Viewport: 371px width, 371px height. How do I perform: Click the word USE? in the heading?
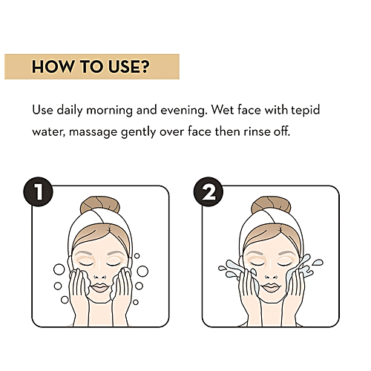pyautogui.click(x=129, y=67)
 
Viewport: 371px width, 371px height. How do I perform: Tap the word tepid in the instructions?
pyautogui.click(x=305, y=110)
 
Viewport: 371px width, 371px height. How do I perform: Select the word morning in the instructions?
pyautogui.click(x=109, y=111)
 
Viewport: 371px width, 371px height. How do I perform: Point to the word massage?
pyautogui.click(x=93, y=132)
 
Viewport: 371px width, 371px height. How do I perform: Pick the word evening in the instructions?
pyautogui.click(x=184, y=111)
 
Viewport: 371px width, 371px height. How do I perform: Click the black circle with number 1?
pyautogui.click(x=38, y=191)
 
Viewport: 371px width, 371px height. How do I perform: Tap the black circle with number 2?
pyautogui.click(x=209, y=191)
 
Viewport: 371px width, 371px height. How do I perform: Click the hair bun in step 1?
pyautogui.click(x=100, y=204)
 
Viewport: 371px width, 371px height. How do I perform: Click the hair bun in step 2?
pyautogui.click(x=271, y=204)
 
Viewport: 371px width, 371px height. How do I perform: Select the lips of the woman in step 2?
pyautogui.click(x=271, y=288)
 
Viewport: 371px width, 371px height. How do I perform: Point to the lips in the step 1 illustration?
pyautogui.click(x=99, y=288)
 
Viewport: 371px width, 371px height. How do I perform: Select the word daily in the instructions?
pyautogui.click(x=70, y=111)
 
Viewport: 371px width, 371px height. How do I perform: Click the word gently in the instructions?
pyautogui.click(x=138, y=132)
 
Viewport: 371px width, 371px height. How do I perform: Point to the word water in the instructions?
pyautogui.click(x=48, y=132)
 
